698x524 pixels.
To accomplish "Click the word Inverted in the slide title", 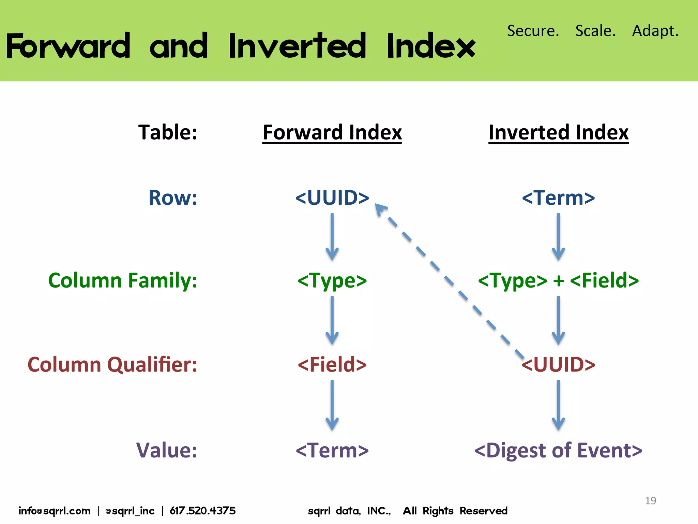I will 297,46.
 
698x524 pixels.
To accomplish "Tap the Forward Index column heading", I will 332,132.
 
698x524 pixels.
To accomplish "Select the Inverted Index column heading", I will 558,132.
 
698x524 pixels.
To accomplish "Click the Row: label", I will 173,198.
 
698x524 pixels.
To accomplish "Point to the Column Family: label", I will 123,280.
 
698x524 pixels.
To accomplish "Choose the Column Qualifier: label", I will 112,364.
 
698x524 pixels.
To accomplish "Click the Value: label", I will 167,450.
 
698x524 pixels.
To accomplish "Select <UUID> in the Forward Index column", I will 332,198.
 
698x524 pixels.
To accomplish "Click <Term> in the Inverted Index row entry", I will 558,198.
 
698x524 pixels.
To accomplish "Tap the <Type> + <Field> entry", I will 558,280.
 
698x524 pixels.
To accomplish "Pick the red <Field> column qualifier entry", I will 332,364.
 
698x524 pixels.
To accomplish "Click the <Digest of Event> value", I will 558,450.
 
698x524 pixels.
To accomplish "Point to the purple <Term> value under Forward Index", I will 332,450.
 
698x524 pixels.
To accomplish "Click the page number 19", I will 650,500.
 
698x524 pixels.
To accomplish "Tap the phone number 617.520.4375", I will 203,511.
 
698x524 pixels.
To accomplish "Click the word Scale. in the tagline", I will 595,31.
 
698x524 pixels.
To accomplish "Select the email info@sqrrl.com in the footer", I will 55,511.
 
